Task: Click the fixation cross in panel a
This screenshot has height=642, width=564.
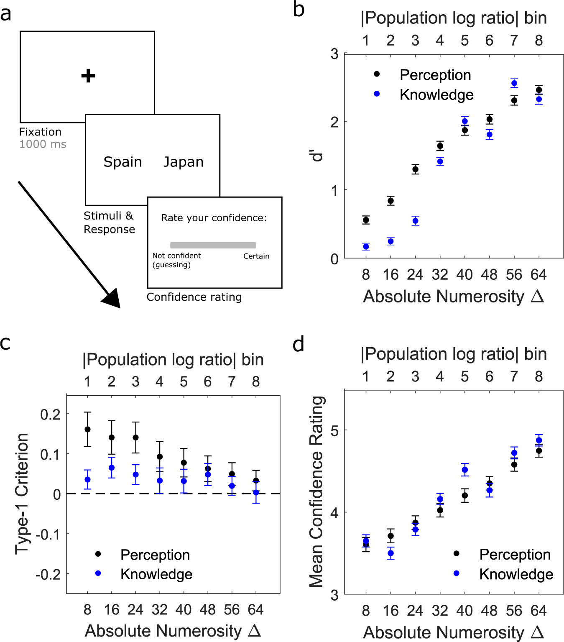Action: click(x=88, y=76)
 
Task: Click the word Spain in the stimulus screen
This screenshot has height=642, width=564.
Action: click(x=122, y=162)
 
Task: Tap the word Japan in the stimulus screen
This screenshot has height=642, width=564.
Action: click(x=183, y=162)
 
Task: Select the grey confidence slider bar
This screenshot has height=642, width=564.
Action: click(x=213, y=245)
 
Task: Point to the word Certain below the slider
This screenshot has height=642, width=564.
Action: click(x=256, y=256)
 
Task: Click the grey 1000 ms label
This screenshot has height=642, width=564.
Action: click(x=43, y=144)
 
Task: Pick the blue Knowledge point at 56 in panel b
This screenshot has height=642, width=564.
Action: click(x=514, y=83)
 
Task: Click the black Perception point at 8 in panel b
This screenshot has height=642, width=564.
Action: click(x=366, y=220)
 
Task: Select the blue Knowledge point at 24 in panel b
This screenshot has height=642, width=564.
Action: click(x=415, y=221)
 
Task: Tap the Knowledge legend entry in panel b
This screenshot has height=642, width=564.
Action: click(x=436, y=95)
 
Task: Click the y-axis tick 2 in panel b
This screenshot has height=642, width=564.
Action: click(x=334, y=122)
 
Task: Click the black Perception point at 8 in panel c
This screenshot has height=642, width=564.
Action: click(x=87, y=430)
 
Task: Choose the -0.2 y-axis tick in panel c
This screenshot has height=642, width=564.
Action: click(x=48, y=574)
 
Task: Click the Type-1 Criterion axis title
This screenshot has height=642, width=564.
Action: click(x=22, y=494)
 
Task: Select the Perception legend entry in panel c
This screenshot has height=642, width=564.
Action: click(x=155, y=555)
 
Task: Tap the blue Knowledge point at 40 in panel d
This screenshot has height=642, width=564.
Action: click(x=464, y=470)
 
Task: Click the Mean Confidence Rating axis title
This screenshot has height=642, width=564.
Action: click(x=316, y=491)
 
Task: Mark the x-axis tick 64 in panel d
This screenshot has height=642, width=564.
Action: click(x=538, y=611)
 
